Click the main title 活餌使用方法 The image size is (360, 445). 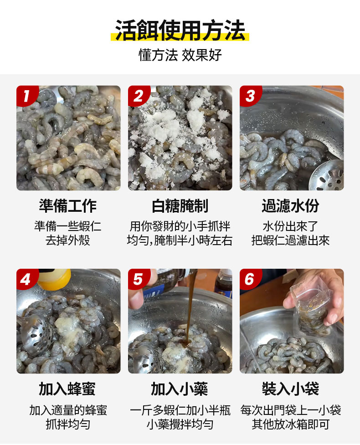pyautogui.click(x=180, y=30)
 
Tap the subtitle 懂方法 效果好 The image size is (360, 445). pyautogui.click(x=180, y=55)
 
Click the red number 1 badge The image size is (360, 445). pyautogui.click(x=27, y=96)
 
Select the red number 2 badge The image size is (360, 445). pyautogui.click(x=138, y=96)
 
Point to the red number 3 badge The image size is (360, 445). pyautogui.click(x=250, y=96)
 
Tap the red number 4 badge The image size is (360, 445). pyautogui.click(x=27, y=279)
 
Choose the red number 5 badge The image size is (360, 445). pyautogui.click(x=138, y=279)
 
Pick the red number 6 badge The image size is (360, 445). pyautogui.click(x=250, y=279)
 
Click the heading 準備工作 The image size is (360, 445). pyautogui.click(x=68, y=206)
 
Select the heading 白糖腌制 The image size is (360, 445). pyautogui.click(x=180, y=206)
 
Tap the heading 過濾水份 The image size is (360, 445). pyautogui.click(x=290, y=206)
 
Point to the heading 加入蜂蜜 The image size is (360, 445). pyautogui.click(x=67, y=389)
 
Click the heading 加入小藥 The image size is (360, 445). pyautogui.click(x=180, y=389)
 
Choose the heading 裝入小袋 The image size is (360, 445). pyautogui.click(x=290, y=389)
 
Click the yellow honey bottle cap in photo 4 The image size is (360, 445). pyautogui.click(x=54, y=279)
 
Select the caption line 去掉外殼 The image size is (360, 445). pyautogui.click(x=68, y=240)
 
